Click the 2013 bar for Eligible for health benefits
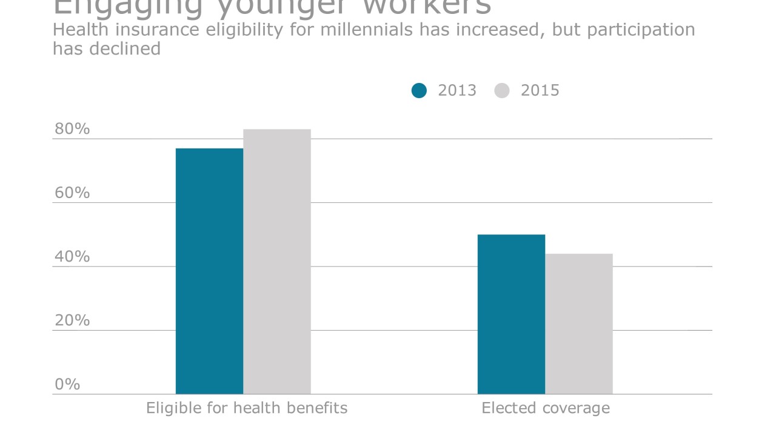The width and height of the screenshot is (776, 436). (209, 271)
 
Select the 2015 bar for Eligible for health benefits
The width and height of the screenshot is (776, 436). (277, 262)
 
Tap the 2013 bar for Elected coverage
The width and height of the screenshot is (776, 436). (511, 314)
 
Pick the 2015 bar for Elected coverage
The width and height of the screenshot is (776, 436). (579, 324)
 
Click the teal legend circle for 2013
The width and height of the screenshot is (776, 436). (419, 91)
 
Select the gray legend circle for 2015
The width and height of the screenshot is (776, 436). (502, 91)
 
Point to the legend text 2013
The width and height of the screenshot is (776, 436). (457, 91)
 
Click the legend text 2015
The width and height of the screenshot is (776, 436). (540, 91)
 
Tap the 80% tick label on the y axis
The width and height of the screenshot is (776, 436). (72, 129)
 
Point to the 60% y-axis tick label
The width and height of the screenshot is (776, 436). (72, 193)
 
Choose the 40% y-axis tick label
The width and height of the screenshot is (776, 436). (72, 257)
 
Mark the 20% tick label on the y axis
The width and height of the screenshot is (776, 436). (72, 320)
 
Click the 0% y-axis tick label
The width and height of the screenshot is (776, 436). (67, 385)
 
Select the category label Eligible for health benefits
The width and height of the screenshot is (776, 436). (247, 408)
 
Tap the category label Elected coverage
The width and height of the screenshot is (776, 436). (546, 408)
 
